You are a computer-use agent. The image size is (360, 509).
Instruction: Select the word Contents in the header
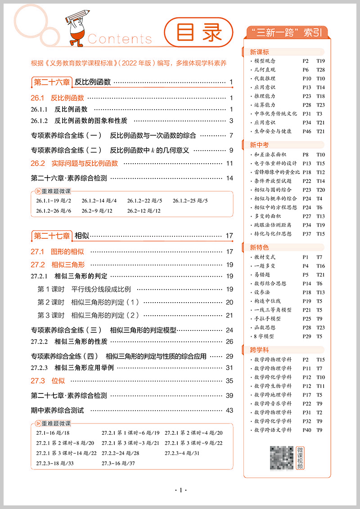click(x=120, y=39)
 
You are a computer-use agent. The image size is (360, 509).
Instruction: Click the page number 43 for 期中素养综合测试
click(x=229, y=410)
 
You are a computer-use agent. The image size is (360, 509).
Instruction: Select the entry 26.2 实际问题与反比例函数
click(x=74, y=163)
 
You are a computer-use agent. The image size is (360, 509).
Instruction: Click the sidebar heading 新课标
click(x=260, y=52)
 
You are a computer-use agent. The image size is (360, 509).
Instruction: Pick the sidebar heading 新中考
click(x=260, y=145)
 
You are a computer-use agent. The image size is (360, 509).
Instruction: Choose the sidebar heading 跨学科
click(x=260, y=349)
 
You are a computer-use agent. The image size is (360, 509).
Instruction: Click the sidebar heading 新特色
click(x=260, y=247)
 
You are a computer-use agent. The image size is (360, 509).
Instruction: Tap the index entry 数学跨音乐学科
click(x=273, y=403)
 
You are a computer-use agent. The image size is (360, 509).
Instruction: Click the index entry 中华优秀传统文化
click(x=275, y=114)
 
